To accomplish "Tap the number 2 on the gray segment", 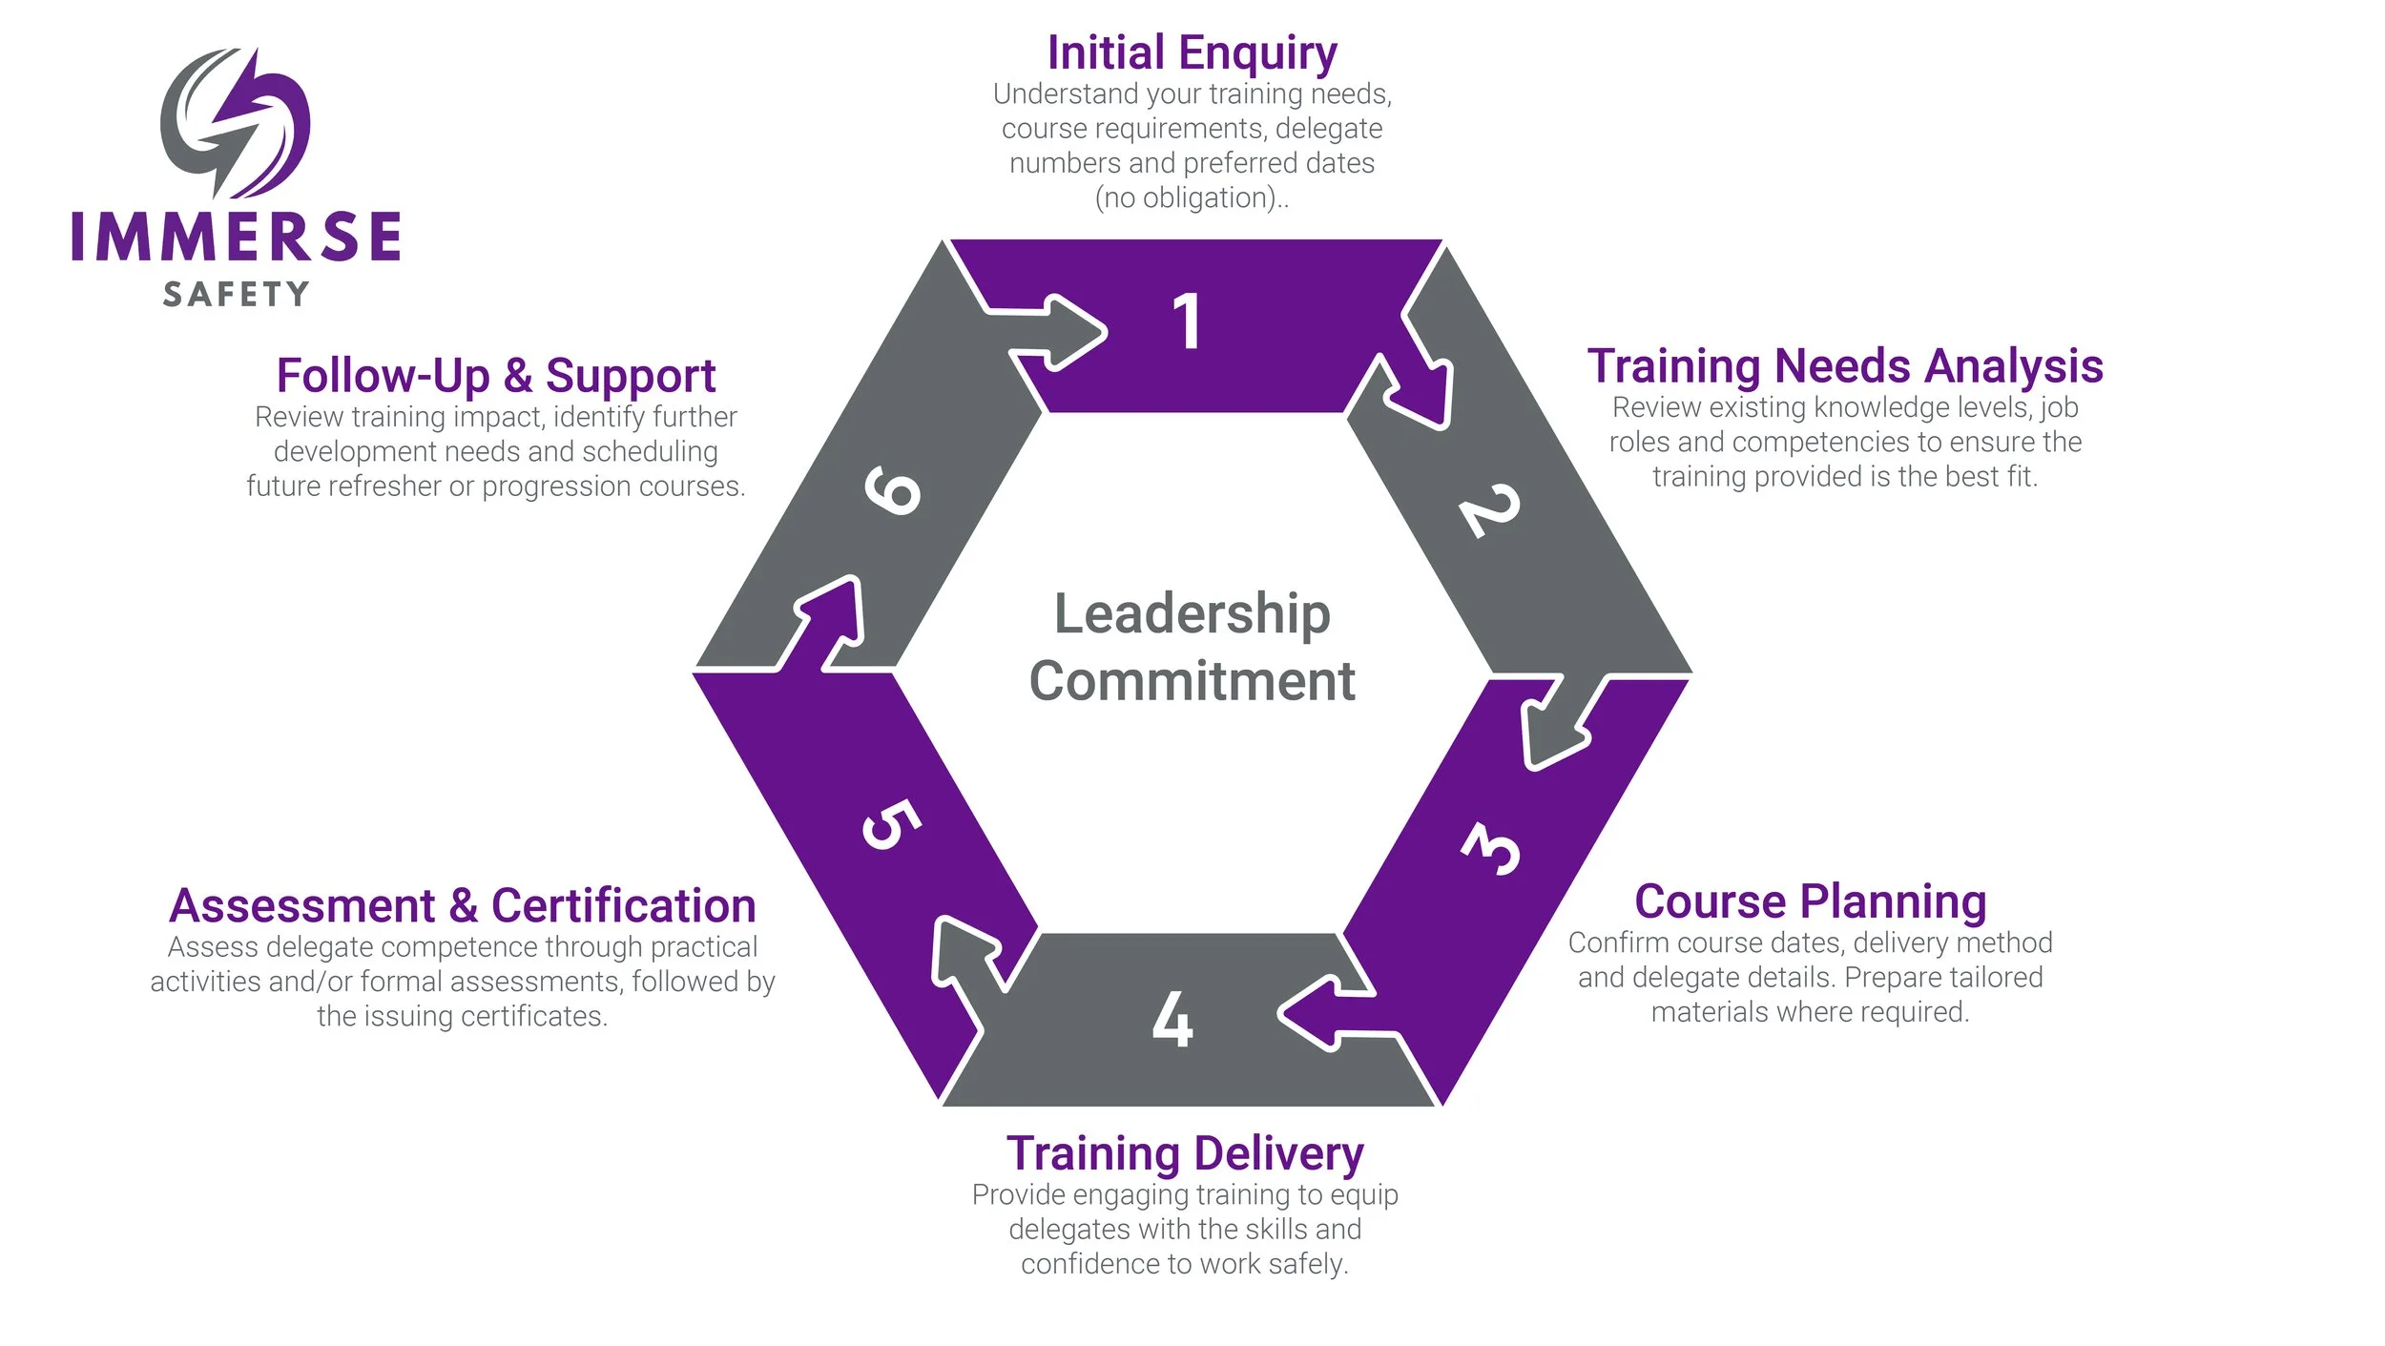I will point(1489,510).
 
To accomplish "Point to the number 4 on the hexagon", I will point(1172,1020).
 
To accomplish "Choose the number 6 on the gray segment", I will point(892,490).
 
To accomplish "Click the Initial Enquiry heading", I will point(1192,52).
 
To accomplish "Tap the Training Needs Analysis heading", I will point(1845,366).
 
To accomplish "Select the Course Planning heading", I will point(1810,901).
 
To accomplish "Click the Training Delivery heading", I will point(1185,1153).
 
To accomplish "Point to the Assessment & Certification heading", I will point(462,905).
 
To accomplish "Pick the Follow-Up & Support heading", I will point(495,375).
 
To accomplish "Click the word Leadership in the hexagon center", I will point(1192,613).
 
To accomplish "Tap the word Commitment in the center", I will point(1192,681).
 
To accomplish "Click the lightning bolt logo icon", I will point(235,122).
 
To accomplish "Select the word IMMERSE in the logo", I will point(236,237).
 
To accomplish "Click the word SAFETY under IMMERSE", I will point(236,294).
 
